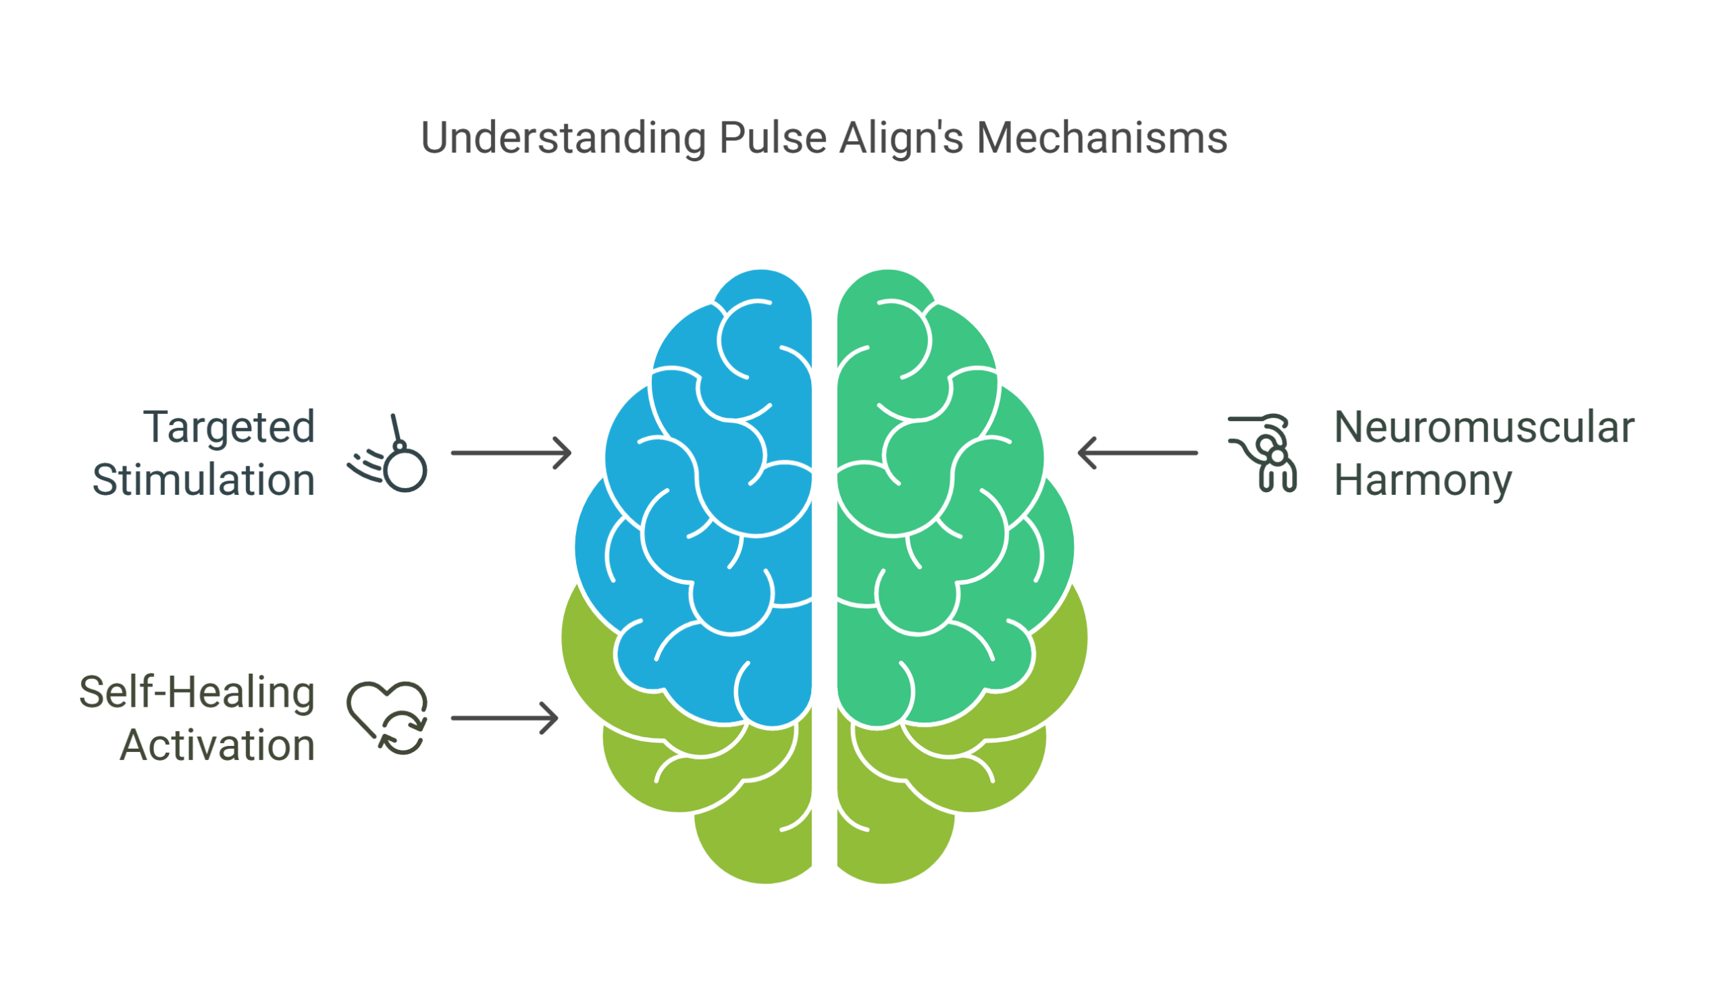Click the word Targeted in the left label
click(226, 427)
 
